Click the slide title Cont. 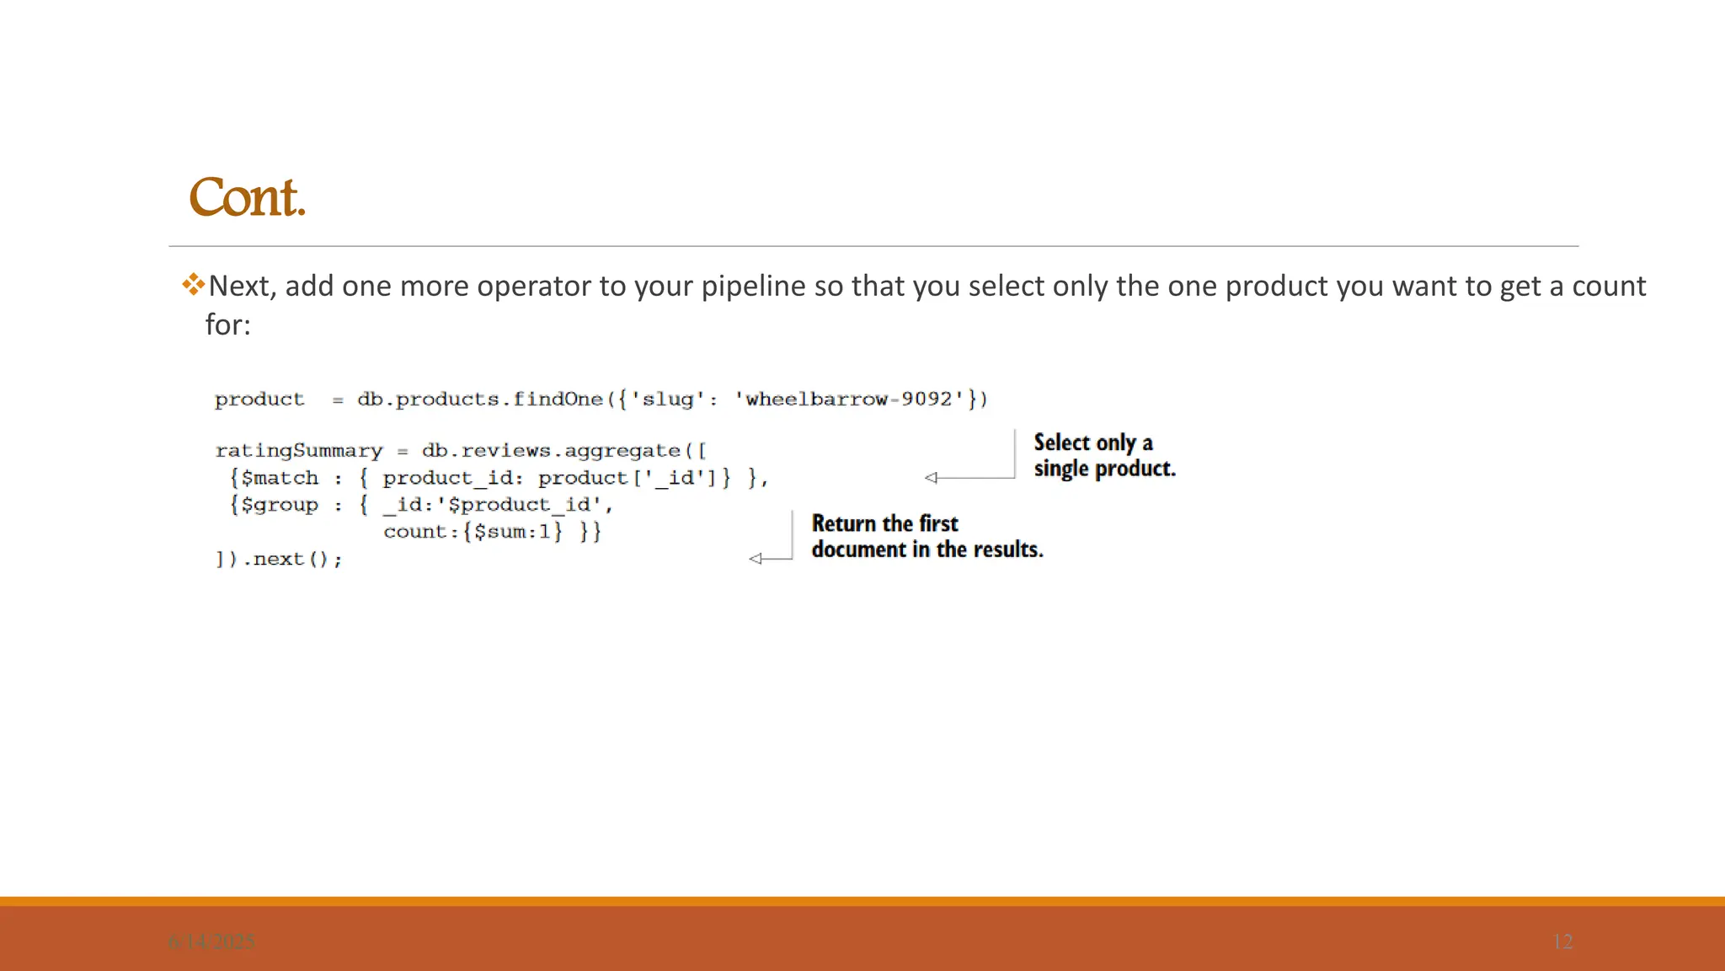click(x=247, y=198)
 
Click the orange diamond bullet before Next click(x=193, y=284)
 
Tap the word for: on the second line click(x=227, y=325)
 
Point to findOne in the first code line click(x=558, y=399)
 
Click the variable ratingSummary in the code click(x=298, y=451)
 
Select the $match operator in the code click(x=280, y=478)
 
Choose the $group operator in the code click(x=280, y=505)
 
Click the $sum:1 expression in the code click(x=512, y=532)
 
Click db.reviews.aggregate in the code click(x=551, y=451)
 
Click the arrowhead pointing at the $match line click(x=931, y=478)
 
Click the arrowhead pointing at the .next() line click(x=756, y=559)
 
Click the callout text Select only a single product click(x=1103, y=455)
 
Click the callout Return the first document click(x=927, y=536)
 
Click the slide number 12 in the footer click(x=1562, y=941)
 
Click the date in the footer click(x=211, y=941)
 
